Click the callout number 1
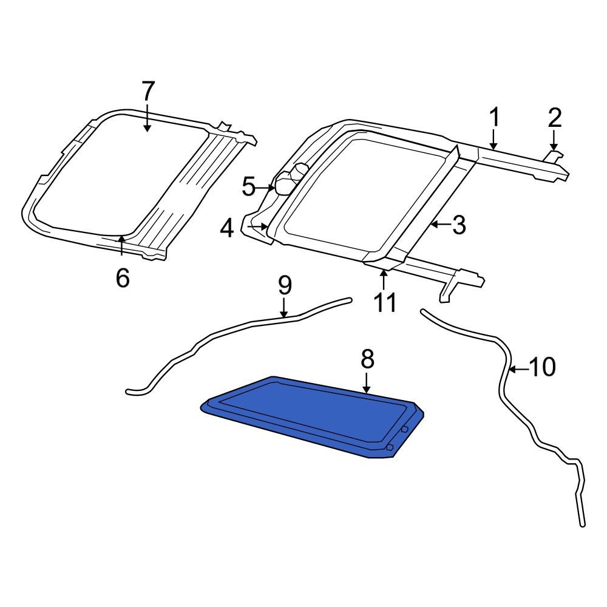(x=494, y=117)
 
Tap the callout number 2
(x=554, y=117)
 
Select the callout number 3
(x=458, y=225)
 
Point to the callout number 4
(x=227, y=228)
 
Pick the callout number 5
(x=249, y=187)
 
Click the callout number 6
(x=123, y=278)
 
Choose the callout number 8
(x=367, y=360)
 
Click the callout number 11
(x=385, y=302)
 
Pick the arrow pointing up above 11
(x=384, y=280)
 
